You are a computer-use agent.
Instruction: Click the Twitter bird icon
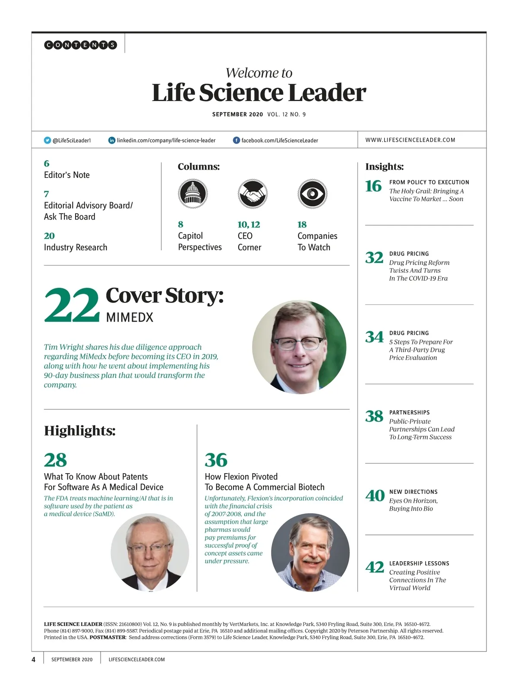point(47,140)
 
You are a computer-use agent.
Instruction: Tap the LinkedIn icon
point(112,140)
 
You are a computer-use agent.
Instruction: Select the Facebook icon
point(237,140)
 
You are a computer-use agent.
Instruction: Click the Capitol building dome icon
point(193,193)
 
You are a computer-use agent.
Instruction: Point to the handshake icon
point(253,193)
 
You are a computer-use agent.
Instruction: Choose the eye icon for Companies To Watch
point(313,193)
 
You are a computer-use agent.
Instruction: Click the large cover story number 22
point(72,305)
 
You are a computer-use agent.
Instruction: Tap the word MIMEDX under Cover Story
point(129,317)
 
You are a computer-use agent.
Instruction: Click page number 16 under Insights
point(373,186)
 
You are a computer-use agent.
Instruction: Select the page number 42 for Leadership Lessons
point(374,567)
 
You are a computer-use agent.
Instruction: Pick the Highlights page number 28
point(55,460)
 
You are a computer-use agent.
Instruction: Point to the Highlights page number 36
point(216,460)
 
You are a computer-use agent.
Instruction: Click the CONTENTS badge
point(80,45)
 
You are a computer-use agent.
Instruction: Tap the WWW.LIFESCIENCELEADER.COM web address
point(410,140)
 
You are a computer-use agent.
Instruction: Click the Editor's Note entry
point(67,175)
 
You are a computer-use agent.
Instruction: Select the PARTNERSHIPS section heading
point(409,412)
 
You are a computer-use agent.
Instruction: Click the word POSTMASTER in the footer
point(107,637)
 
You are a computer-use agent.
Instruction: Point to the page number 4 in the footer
point(34,659)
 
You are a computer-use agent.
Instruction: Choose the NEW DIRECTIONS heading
point(413,492)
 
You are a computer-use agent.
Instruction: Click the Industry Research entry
point(76,247)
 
